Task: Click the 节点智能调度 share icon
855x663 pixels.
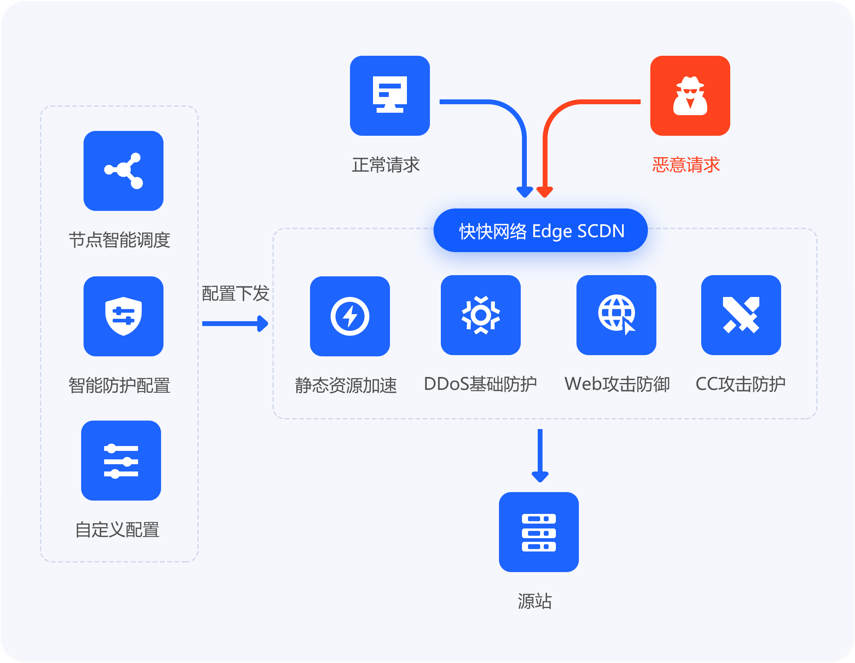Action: coord(124,171)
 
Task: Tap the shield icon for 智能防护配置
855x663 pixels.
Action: coord(124,316)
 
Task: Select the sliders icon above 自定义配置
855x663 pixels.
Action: coord(121,461)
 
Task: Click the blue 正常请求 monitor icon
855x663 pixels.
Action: coord(390,96)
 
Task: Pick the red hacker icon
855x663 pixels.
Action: coord(690,96)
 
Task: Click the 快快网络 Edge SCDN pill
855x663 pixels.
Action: coord(541,231)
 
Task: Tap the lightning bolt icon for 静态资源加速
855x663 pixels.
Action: coord(350,316)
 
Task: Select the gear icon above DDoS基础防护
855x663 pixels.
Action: coord(480,315)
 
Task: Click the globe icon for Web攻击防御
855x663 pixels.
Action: coord(616,315)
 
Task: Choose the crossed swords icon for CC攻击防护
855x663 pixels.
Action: coord(741,315)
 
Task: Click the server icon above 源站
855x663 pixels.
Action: coord(539,532)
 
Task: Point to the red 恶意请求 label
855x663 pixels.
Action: coord(686,165)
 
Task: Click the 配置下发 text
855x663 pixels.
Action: coord(235,293)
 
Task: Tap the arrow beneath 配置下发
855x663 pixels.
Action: coord(235,323)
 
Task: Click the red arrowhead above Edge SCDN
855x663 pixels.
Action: coord(545,192)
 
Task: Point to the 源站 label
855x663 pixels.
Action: coord(534,601)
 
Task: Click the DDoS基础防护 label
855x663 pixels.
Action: coord(480,384)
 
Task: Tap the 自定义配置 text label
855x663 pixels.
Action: coord(117,530)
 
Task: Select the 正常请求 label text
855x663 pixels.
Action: coord(386,165)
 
